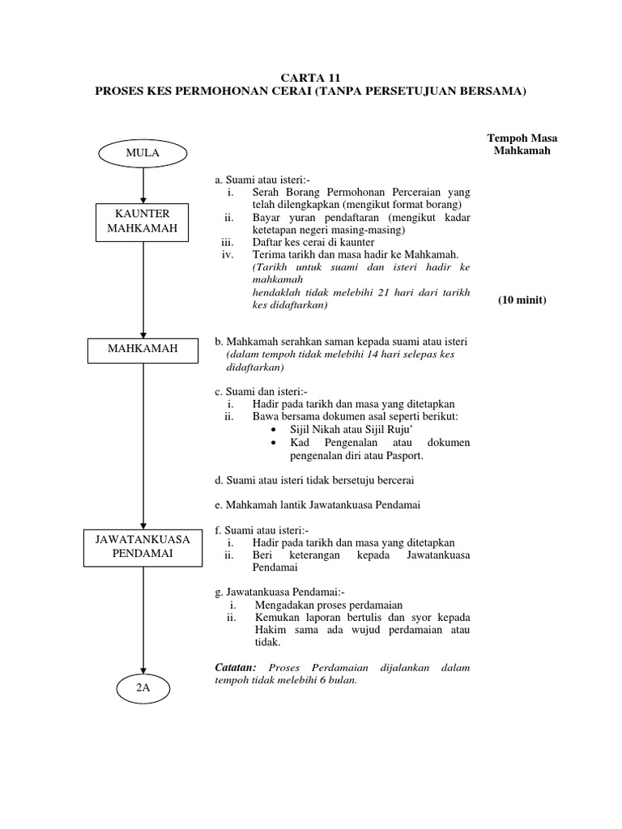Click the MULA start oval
click(x=143, y=152)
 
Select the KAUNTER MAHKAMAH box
click(x=143, y=221)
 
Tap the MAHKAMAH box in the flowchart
click(x=143, y=350)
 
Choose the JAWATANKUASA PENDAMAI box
click(x=143, y=549)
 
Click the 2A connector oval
click(x=143, y=688)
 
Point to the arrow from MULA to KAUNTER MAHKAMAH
click(x=143, y=184)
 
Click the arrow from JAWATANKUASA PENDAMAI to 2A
click(x=143, y=619)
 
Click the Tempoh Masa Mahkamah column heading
click(x=522, y=144)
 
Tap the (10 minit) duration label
click(x=522, y=300)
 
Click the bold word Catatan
click(x=236, y=667)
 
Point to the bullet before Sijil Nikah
click(x=276, y=430)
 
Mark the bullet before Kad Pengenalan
click(x=276, y=444)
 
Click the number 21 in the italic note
click(x=367, y=291)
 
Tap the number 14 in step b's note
click(x=369, y=355)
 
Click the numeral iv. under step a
click(x=228, y=254)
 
